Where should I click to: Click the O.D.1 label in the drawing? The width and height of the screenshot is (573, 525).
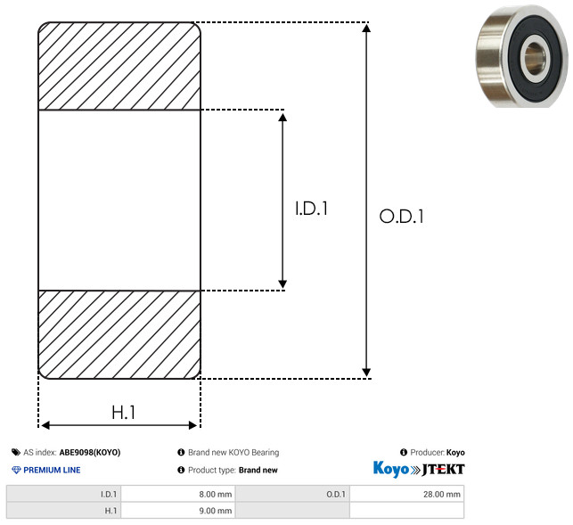tap(402, 216)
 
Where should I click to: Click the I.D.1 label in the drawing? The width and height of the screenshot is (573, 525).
tap(311, 209)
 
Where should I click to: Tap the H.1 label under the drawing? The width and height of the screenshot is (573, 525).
tap(124, 413)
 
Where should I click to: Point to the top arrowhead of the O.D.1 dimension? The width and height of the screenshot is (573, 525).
tap(366, 28)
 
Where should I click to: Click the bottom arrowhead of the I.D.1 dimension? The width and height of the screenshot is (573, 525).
tap(282, 284)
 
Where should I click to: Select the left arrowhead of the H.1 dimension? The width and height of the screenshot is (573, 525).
tap(45, 425)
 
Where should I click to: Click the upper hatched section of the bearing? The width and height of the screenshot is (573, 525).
tap(119, 66)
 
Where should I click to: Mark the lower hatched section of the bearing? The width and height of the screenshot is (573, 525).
tap(119, 334)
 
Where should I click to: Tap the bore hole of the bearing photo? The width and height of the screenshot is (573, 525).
tap(535, 58)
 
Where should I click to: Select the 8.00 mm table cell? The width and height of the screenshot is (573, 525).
tap(178, 494)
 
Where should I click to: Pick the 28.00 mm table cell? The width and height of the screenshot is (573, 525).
tap(406, 494)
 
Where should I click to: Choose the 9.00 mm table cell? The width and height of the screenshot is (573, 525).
tap(178, 511)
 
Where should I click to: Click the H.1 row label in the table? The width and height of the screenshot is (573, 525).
tap(111, 511)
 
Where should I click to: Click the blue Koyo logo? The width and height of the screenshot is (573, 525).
tap(390, 469)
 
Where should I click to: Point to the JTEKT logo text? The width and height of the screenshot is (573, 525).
tap(443, 470)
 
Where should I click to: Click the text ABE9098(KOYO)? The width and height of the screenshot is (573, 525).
tap(90, 452)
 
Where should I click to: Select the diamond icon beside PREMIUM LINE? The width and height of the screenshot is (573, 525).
tap(16, 470)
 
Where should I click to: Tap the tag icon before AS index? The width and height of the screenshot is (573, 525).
tap(16, 452)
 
